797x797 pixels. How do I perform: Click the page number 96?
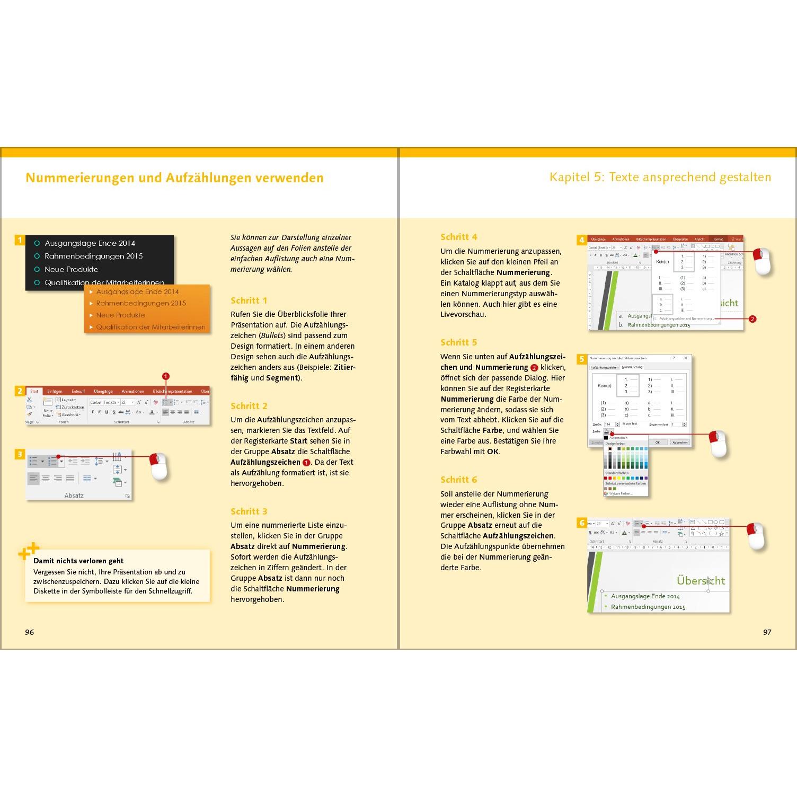(30, 632)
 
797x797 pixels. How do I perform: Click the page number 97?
(767, 632)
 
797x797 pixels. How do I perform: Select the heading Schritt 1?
(249, 300)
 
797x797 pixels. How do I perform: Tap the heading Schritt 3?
(249, 511)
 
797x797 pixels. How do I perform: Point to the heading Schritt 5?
(459, 342)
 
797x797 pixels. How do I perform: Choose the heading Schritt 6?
(459, 480)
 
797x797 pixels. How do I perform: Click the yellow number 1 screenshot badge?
(20, 240)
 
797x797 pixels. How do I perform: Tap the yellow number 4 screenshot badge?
(581, 240)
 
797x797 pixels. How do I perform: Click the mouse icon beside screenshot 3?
(159, 466)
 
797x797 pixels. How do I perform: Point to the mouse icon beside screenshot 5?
(718, 444)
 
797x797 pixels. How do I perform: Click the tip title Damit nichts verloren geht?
(78, 561)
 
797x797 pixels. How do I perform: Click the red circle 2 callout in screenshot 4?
(752, 319)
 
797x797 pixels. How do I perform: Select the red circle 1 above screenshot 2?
(166, 376)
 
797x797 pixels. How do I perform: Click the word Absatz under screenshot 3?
(74, 496)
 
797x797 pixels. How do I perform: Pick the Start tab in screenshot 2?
(34, 391)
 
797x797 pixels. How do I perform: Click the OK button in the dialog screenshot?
(658, 442)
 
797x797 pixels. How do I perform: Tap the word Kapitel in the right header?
(569, 177)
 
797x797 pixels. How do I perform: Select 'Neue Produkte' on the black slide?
(71, 269)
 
